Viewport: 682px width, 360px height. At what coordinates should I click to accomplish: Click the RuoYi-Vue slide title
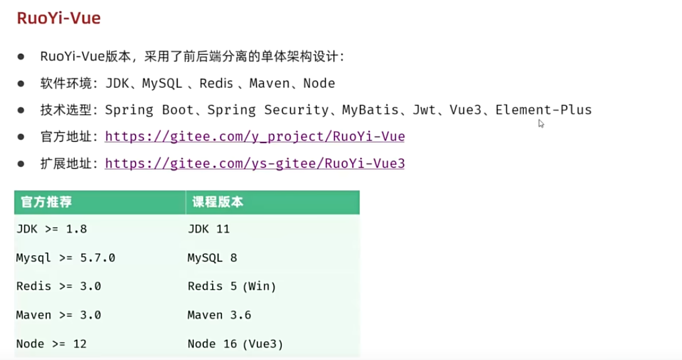click(x=58, y=18)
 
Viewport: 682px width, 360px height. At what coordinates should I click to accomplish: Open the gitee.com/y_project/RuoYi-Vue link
click(x=255, y=137)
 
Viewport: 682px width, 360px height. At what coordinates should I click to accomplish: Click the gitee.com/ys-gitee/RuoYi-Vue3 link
click(x=255, y=164)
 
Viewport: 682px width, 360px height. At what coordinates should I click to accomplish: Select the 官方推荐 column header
click(x=46, y=202)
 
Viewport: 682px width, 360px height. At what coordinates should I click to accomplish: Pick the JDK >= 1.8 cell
click(x=51, y=229)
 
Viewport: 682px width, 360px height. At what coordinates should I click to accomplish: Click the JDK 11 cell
click(x=208, y=229)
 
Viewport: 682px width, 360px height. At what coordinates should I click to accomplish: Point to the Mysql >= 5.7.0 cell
click(x=65, y=258)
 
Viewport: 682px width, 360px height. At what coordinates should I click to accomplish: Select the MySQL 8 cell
click(x=212, y=258)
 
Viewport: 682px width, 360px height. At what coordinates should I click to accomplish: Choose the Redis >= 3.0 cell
click(x=58, y=287)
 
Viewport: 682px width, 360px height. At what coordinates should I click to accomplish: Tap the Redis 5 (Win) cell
click(x=232, y=287)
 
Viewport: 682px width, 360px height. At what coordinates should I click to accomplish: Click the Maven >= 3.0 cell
click(x=58, y=315)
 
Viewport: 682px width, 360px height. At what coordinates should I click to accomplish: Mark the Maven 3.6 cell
click(x=219, y=315)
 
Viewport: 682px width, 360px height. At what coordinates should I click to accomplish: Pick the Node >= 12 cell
click(x=51, y=344)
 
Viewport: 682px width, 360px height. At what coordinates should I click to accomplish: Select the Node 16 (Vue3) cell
click(x=235, y=344)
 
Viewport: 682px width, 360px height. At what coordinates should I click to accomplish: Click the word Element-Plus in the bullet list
click(x=543, y=110)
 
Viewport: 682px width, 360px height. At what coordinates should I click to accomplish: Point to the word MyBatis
click(x=370, y=110)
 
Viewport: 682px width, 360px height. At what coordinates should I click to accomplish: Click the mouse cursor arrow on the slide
click(x=541, y=124)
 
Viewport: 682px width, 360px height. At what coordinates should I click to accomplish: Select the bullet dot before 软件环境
click(x=21, y=83)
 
